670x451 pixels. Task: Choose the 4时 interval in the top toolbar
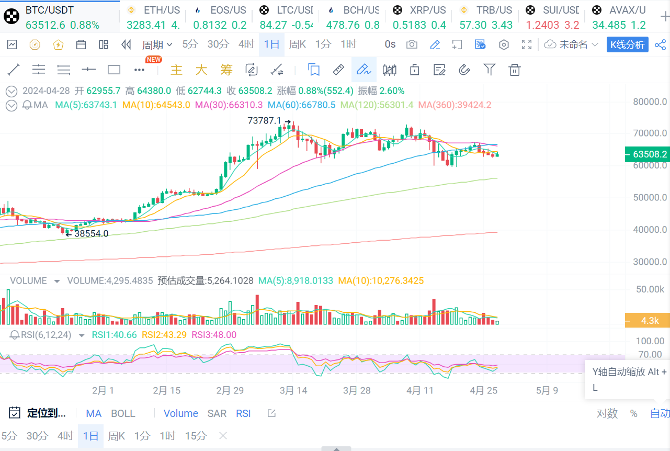(246, 44)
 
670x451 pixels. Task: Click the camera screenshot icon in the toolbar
(412, 44)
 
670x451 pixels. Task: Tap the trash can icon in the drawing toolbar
(515, 70)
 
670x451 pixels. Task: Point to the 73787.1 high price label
(264, 121)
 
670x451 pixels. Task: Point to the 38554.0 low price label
(91, 234)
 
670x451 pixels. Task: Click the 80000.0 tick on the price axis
(650, 102)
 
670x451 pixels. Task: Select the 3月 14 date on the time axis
(293, 390)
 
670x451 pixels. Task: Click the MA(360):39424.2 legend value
(455, 105)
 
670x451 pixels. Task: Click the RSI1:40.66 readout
(114, 335)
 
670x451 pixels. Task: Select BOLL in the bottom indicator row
(123, 413)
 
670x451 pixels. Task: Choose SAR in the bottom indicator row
(217, 413)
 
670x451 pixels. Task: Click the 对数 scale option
(607, 413)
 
